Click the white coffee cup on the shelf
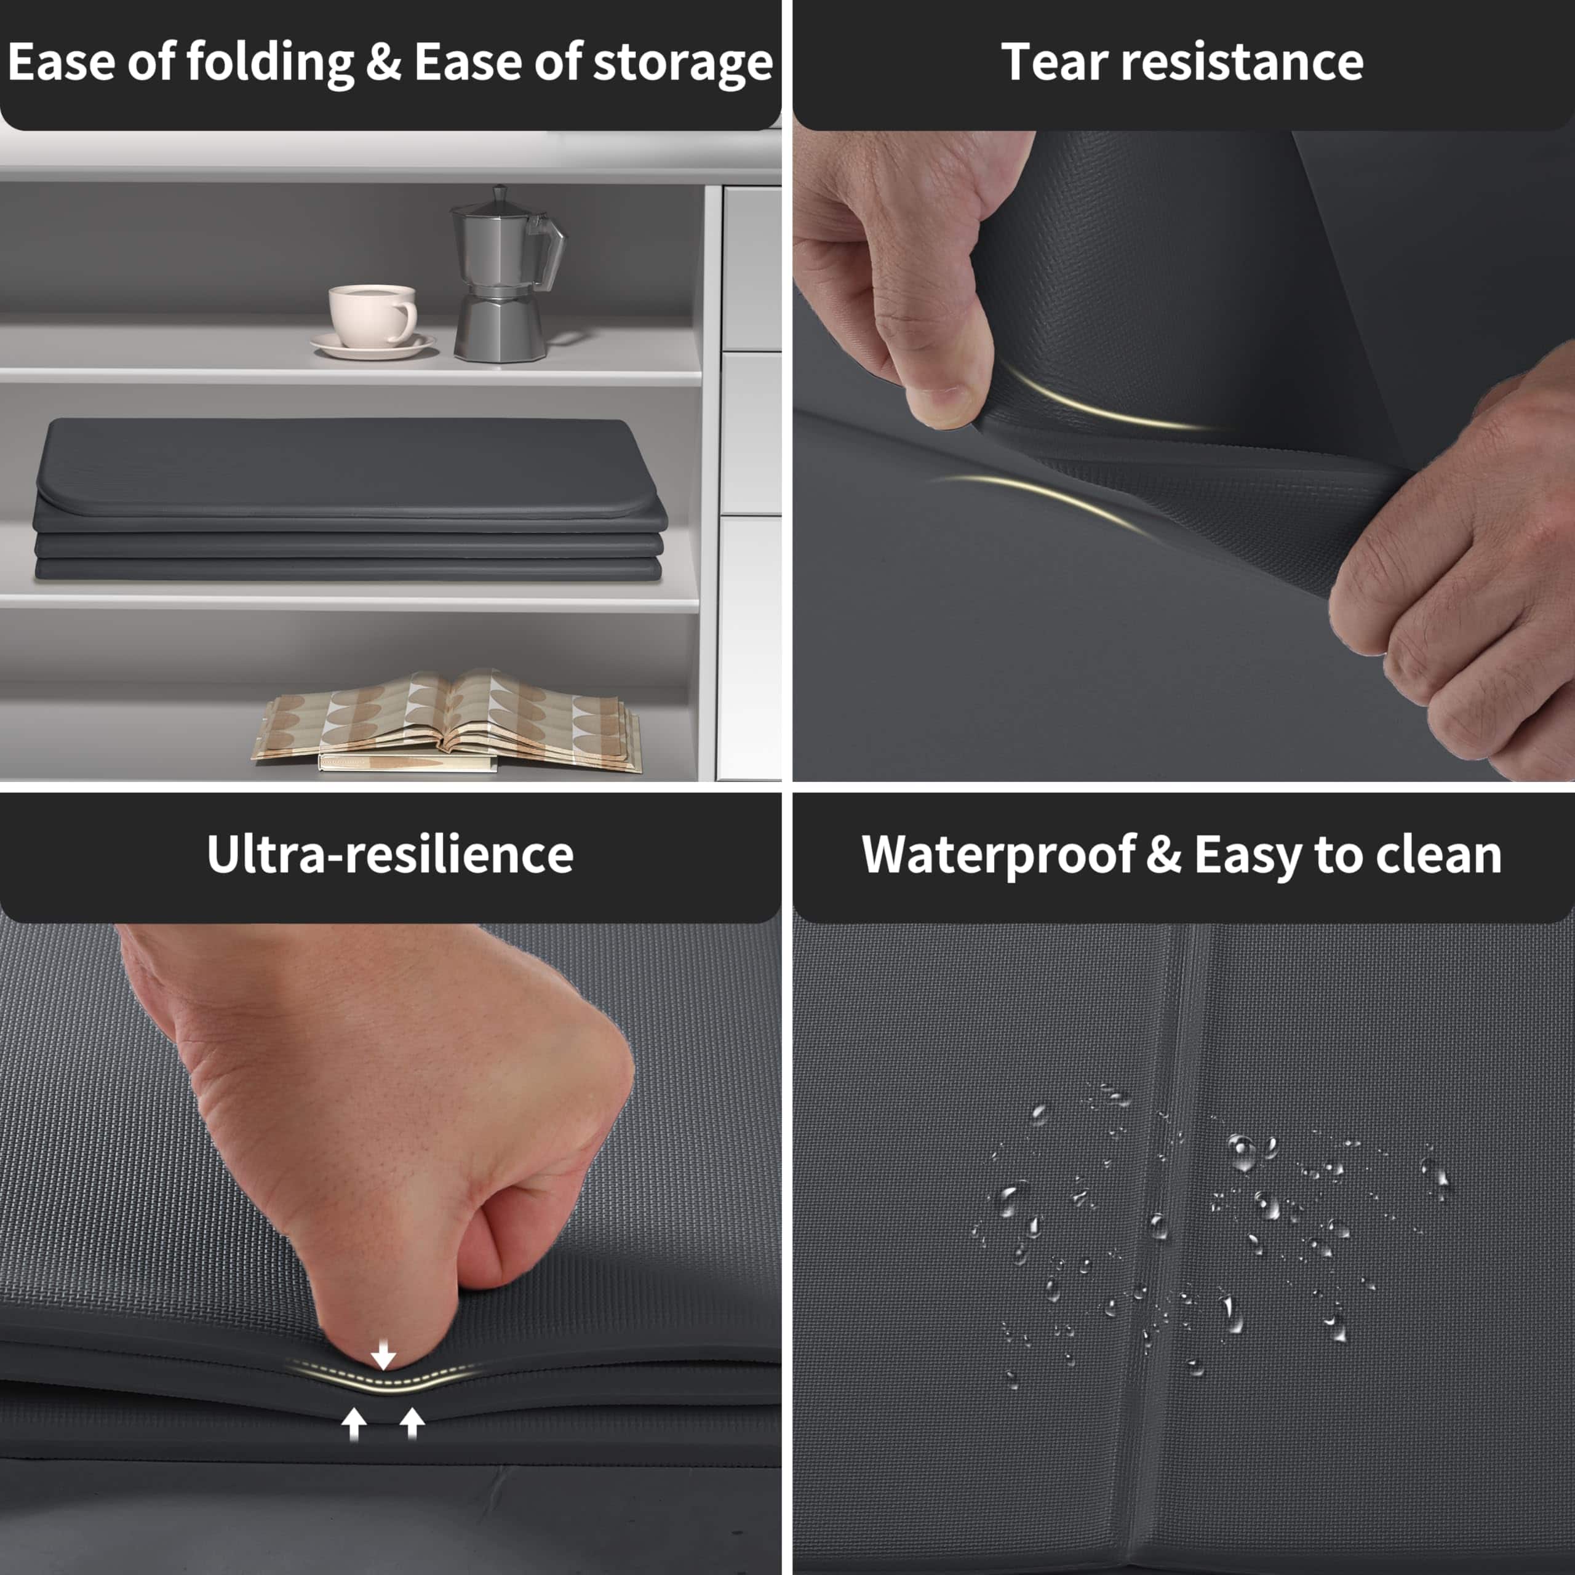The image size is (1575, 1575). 372,316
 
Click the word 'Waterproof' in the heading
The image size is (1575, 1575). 998,855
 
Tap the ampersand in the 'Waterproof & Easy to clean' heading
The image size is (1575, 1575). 1164,855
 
